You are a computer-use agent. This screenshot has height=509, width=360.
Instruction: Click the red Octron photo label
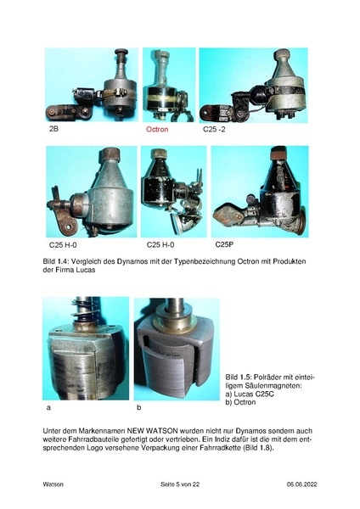(x=157, y=129)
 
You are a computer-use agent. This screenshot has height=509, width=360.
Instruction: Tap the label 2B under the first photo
(x=53, y=129)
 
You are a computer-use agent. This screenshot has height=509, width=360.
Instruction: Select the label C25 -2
(x=214, y=129)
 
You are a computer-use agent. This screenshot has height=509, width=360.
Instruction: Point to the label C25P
(x=224, y=244)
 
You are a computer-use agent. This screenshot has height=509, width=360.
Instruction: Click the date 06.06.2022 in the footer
(x=301, y=484)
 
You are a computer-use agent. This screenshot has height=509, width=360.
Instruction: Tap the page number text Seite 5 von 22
(x=180, y=484)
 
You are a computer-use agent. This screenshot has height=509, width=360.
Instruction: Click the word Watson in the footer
(x=53, y=484)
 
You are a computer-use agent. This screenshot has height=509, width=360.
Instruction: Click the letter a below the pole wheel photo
(x=48, y=408)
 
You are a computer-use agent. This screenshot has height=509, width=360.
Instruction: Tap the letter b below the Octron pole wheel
(x=138, y=407)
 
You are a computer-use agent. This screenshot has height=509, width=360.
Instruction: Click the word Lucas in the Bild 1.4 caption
(x=85, y=270)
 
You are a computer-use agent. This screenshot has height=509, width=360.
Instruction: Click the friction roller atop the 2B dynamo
(x=121, y=52)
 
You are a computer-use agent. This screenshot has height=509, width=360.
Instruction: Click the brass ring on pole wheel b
(x=176, y=318)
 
